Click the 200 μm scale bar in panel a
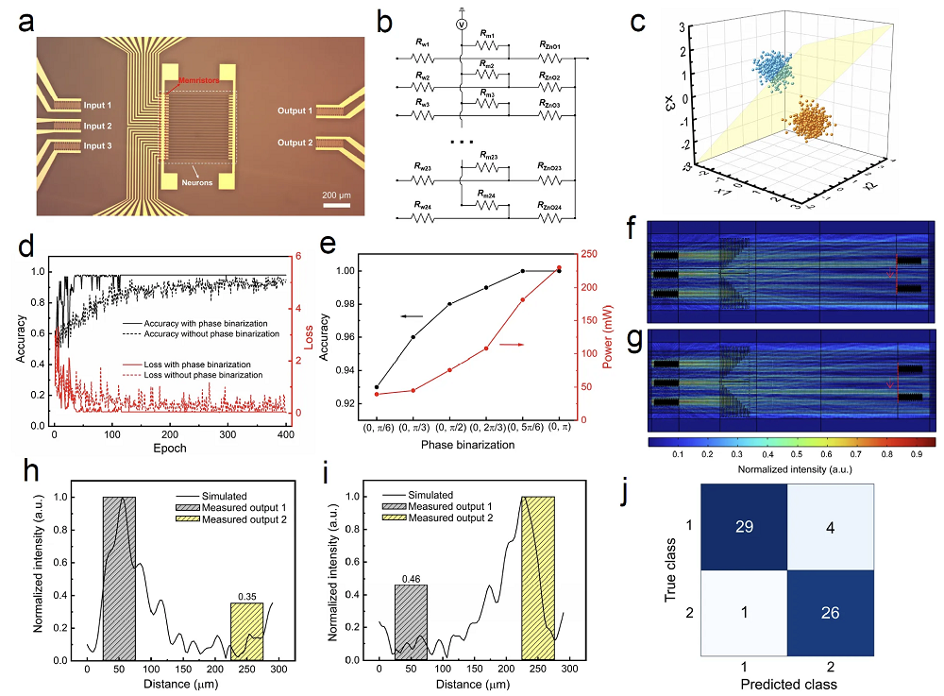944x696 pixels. coord(338,204)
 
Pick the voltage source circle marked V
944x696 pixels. coord(462,25)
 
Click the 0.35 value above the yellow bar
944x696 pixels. coord(248,597)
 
